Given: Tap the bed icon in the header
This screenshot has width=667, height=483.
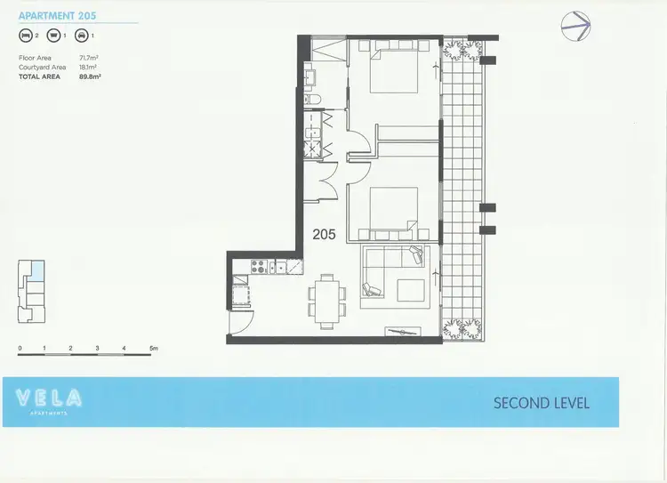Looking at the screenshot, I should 24,37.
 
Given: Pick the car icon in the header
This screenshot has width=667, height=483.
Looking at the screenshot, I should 81,37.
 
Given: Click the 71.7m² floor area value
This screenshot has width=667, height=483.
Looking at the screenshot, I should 89,58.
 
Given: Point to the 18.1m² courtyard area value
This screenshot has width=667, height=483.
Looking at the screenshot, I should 89,67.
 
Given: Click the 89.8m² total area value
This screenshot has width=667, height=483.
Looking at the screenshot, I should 90,76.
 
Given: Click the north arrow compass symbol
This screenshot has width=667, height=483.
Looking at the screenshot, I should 575,26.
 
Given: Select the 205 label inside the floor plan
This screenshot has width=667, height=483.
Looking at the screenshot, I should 324,235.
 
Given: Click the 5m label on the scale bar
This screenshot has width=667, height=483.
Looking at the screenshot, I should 153,347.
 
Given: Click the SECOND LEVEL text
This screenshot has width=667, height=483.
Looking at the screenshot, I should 541,403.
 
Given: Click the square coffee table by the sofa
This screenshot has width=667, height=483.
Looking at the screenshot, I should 410,291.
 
